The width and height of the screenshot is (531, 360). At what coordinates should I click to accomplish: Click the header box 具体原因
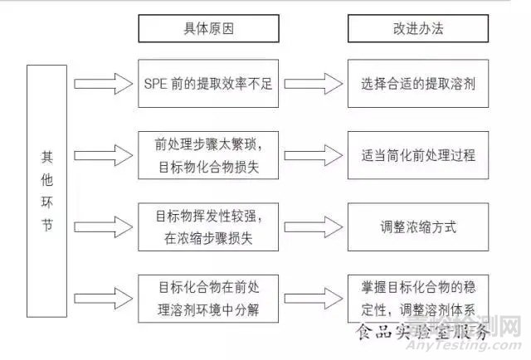point(201,29)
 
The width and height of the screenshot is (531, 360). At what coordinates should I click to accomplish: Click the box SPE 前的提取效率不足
point(201,83)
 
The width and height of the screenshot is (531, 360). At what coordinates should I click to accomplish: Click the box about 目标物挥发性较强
point(201,226)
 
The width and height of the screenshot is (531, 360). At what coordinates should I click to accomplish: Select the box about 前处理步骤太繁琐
point(201,155)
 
